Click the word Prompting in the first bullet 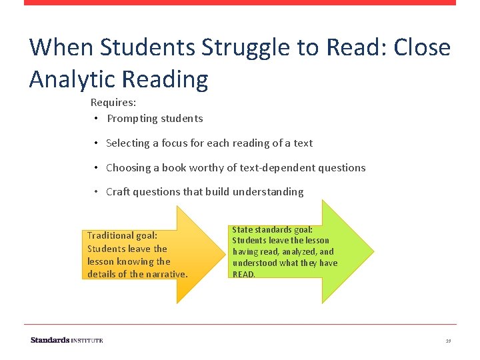pyautogui.click(x=131, y=119)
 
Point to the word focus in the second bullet pyautogui.click(x=168, y=143)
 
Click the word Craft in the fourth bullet pyautogui.click(x=118, y=192)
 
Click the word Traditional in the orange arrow pyautogui.click(x=111, y=235)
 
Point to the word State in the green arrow pyautogui.click(x=241, y=229)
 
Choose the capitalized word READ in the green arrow pyautogui.click(x=243, y=274)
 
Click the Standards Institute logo pyautogui.click(x=67, y=340)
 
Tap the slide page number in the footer pyautogui.click(x=449, y=341)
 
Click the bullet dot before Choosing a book pyautogui.click(x=97, y=168)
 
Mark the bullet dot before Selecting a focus pyautogui.click(x=97, y=143)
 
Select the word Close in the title pyautogui.click(x=422, y=48)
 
